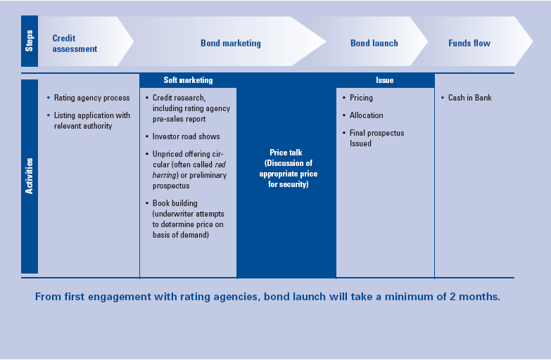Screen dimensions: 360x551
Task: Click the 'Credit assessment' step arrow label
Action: [74, 44]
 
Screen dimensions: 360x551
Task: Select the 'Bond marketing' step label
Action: [230, 44]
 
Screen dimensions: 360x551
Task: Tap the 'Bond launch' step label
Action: [374, 44]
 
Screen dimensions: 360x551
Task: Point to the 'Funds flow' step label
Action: [469, 44]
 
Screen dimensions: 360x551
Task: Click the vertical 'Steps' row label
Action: [30, 41]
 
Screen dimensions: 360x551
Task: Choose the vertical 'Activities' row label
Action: [30, 176]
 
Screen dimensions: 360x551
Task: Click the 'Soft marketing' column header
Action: [188, 80]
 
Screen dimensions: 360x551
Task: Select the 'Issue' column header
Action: [385, 80]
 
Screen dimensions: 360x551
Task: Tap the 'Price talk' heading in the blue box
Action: [286, 153]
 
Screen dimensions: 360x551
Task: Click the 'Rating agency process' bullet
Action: [91, 98]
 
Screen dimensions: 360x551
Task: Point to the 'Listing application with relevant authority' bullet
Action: [91, 120]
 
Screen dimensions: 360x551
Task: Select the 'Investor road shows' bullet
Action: [186, 136]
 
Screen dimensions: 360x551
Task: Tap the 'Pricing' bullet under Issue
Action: [361, 98]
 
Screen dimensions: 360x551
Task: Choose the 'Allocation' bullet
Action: [366, 115]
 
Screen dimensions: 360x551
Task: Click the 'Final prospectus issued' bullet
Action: [376, 138]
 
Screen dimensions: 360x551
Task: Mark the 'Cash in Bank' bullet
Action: [469, 98]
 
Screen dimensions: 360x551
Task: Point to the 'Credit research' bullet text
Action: [179, 98]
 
